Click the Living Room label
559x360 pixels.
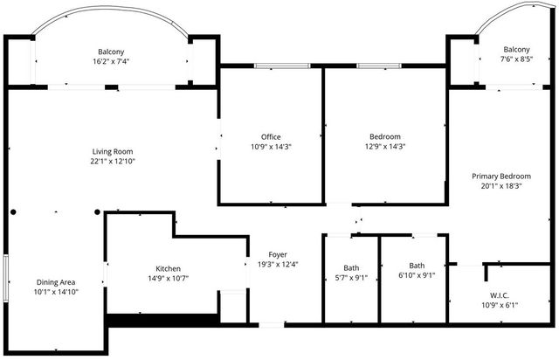pos(113,151)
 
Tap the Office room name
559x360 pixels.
pos(270,136)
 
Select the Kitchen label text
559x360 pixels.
pos(168,268)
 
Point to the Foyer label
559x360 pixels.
pos(266,254)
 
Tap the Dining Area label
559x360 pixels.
pos(56,282)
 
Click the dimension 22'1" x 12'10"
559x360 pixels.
pos(113,162)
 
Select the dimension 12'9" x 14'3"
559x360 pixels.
pos(384,147)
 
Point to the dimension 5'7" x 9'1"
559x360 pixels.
pos(351,278)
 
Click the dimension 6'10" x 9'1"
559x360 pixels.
pos(417,276)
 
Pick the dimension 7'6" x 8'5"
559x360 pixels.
pos(516,60)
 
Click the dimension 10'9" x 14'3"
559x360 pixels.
pos(270,147)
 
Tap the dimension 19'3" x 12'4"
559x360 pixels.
pos(266,265)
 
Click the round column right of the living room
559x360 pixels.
pos(97,212)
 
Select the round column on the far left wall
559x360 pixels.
pos(12,212)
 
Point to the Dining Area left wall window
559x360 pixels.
pos(5,280)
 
